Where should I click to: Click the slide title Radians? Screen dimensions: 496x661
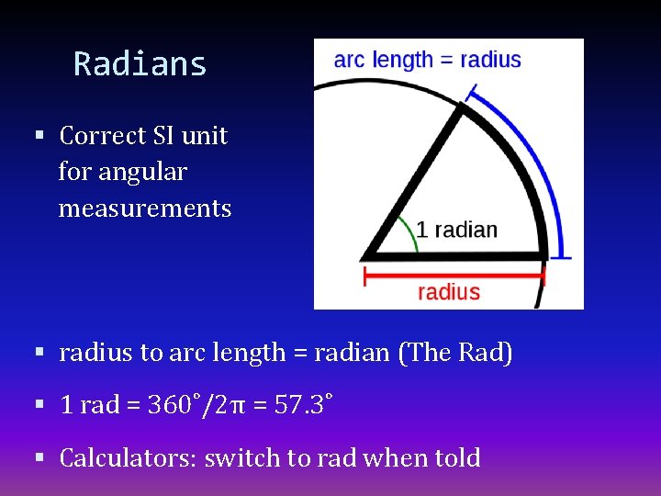140,64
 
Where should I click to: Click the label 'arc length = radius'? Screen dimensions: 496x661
427,61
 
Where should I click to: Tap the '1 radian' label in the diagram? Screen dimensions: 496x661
456,230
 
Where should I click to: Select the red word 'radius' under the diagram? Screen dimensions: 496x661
449,292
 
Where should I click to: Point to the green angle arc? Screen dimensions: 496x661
407,234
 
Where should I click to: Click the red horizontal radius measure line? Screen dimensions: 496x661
454,273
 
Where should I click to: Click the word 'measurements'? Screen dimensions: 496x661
145,209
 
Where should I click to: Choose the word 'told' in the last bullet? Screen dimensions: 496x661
455,457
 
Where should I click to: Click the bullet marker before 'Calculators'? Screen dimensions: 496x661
39,457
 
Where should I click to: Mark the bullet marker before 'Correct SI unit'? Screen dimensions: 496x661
39,136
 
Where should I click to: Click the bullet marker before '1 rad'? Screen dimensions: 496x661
39,405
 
